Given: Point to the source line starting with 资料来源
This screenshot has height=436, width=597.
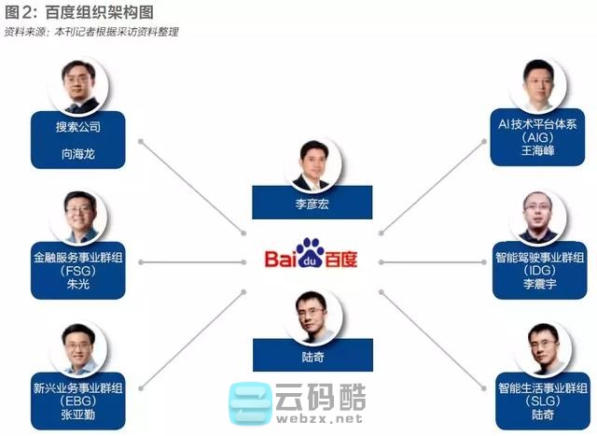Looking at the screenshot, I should point(90,32).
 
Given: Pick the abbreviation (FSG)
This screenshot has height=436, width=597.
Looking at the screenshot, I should point(77,271).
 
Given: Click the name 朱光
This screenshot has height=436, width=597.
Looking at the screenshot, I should point(77,285).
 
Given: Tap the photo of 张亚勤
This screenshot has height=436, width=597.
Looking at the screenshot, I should point(78,347).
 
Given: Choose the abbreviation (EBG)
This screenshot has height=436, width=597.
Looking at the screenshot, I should point(77,401).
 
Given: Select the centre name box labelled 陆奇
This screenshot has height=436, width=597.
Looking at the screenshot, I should point(312,355).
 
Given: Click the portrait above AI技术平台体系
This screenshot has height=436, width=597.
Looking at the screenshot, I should point(539,85).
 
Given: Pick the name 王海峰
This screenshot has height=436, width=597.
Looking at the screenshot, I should point(538,149).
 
